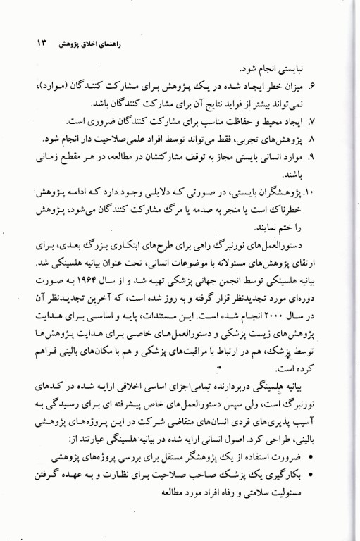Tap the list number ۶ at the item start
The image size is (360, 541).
coord(330,85)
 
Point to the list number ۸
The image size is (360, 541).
coord(330,135)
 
